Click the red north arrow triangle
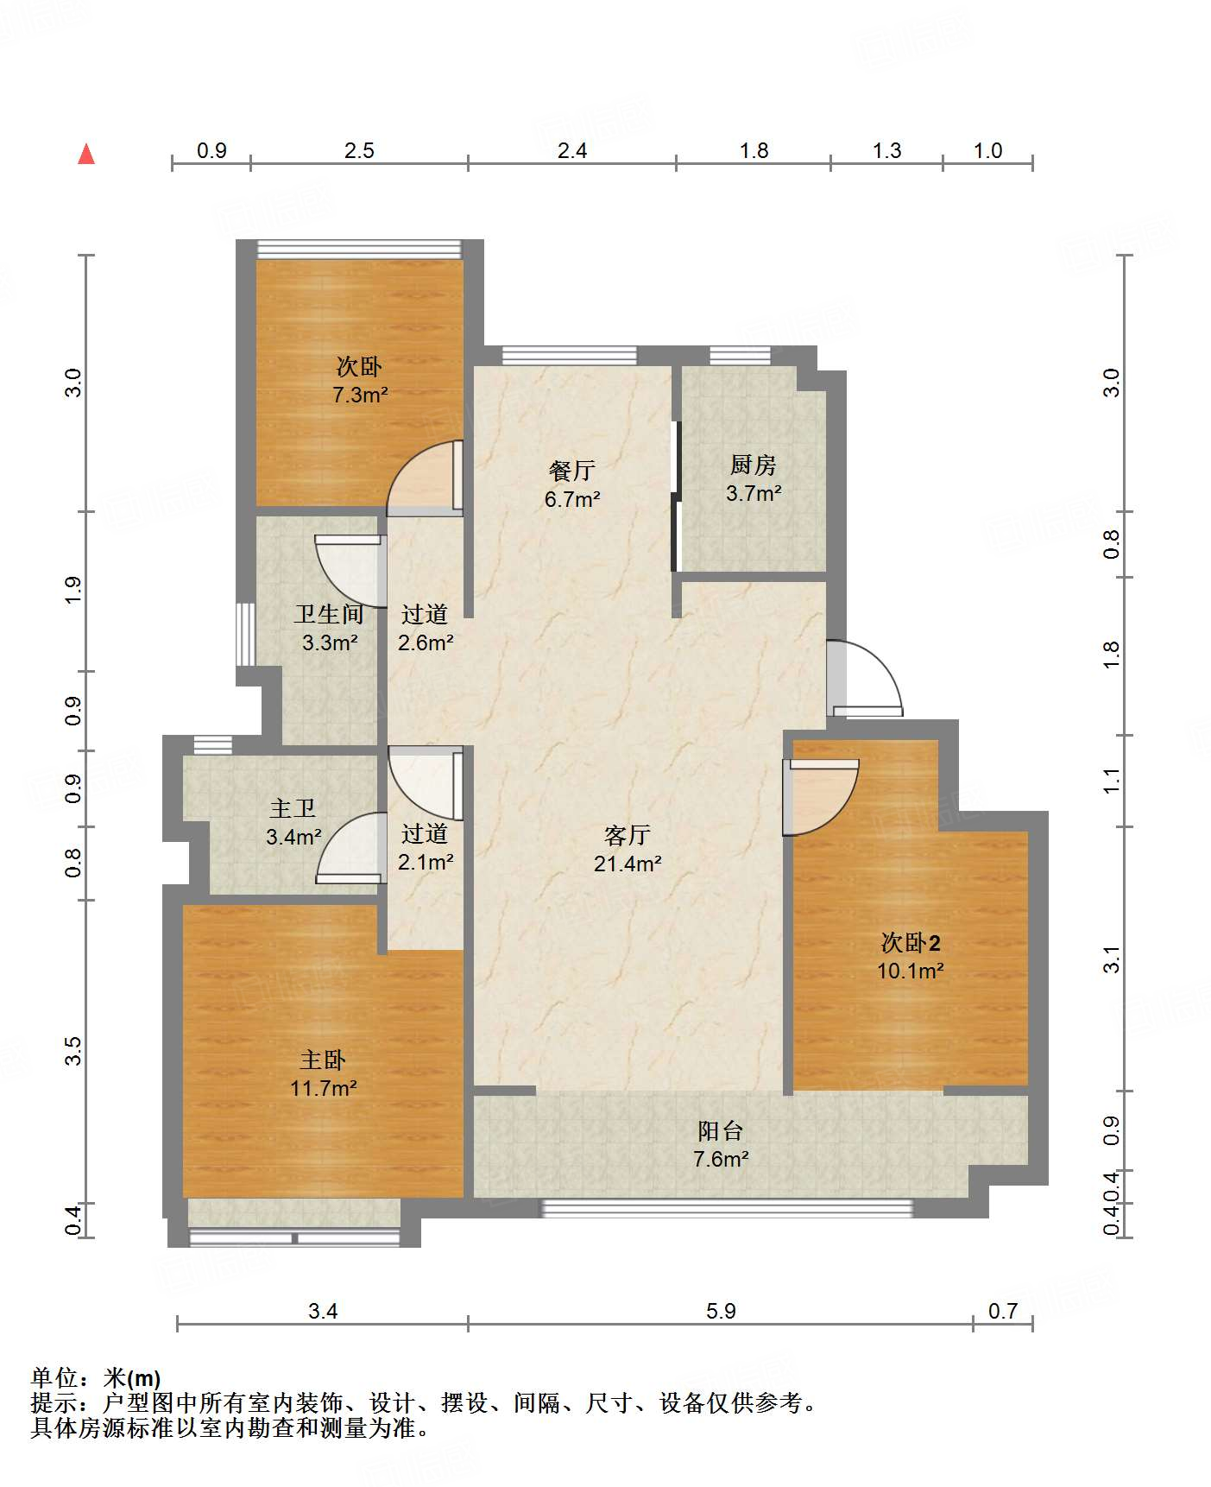coord(86,154)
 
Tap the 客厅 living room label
coord(628,835)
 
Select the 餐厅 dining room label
coord(571,471)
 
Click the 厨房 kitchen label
coord(754,465)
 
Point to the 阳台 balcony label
coord(721,1130)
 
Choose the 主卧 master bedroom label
coord(323,1060)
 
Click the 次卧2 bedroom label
coord(911,942)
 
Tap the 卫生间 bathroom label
coord(329,614)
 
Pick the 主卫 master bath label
coord(293,808)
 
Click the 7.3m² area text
coord(360,395)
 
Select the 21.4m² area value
coord(628,863)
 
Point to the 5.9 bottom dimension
coord(721,1312)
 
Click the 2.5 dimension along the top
coord(359,151)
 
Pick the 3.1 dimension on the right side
coord(1112,959)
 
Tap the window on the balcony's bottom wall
coord(727,1208)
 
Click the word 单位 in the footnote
coord(54,1377)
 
